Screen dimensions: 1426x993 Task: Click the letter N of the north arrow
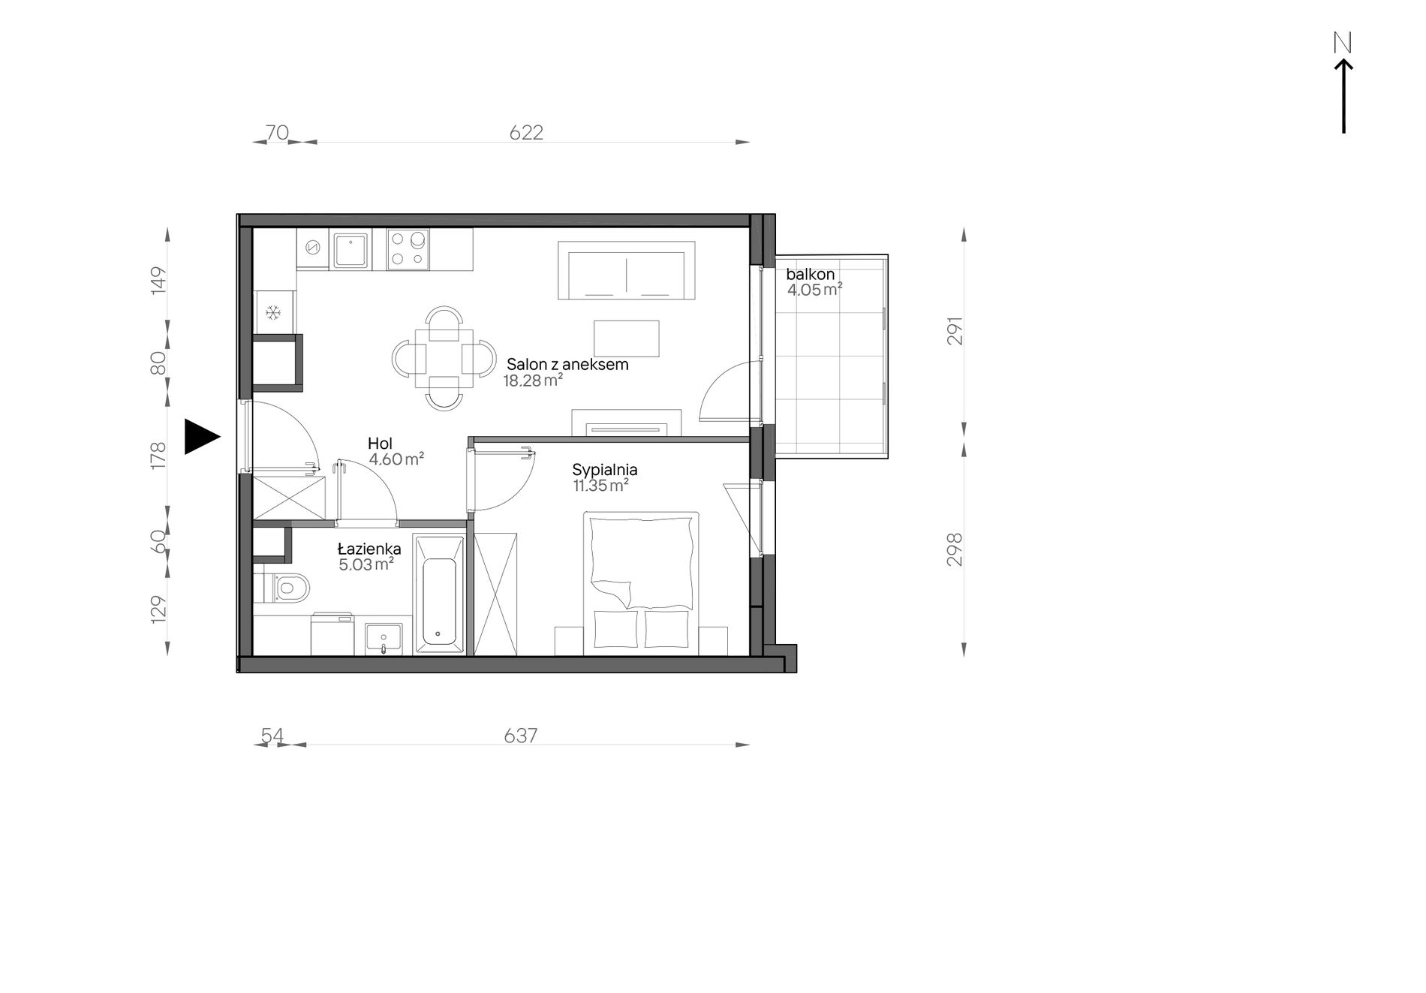pos(1343,44)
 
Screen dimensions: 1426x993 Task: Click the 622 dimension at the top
pos(526,133)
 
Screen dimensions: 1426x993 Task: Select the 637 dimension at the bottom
pos(521,736)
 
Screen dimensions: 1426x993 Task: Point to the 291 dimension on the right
pos(955,330)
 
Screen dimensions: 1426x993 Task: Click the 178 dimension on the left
pos(158,456)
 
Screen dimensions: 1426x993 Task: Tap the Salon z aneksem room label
pos(567,365)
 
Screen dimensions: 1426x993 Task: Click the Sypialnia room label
pos(605,470)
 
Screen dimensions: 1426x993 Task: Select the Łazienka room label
pos(369,549)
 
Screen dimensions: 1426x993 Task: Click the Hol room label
pos(380,444)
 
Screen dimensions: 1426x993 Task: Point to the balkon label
pos(811,275)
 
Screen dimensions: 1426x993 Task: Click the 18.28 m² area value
pos(533,381)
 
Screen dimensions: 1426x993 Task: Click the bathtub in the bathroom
pos(439,594)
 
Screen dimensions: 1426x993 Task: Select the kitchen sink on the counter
pos(351,250)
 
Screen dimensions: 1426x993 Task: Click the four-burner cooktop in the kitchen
pos(408,249)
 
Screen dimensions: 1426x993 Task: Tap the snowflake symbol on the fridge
pos(273,311)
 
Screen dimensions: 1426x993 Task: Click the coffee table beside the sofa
pos(627,339)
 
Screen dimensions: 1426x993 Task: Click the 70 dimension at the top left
pos(277,133)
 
